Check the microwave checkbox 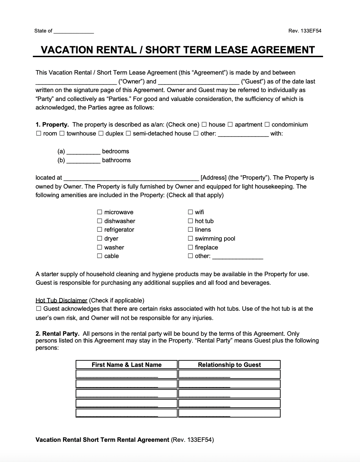(100, 212)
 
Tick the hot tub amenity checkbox (190, 221)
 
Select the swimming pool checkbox (190, 239)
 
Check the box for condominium (267, 125)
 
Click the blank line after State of (74, 31)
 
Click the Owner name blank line (76, 82)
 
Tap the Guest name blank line (199, 82)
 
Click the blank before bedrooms (83, 152)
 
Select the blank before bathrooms (83, 161)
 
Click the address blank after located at (131, 178)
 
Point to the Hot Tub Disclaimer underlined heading (62, 300)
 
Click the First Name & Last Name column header (127, 365)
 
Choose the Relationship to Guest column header (229, 365)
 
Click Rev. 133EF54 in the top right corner (305, 31)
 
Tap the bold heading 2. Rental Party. (57, 334)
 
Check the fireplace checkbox (190, 247)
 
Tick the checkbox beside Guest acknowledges (39, 309)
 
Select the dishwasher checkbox (100, 221)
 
